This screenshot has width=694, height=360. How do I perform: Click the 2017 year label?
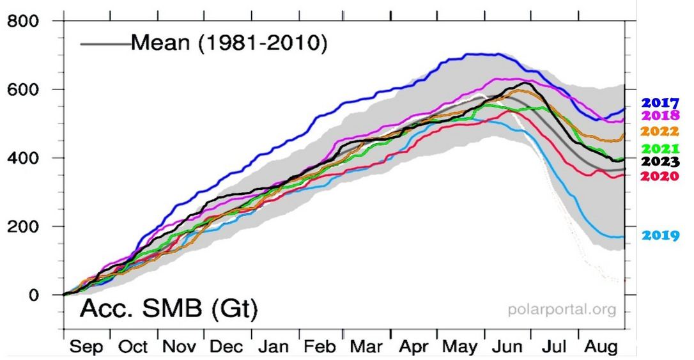660,103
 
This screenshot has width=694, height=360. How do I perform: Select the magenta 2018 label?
660,116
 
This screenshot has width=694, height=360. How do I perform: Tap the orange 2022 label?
660,132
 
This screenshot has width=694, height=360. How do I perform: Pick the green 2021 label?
660,150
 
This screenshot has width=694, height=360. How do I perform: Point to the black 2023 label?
660,162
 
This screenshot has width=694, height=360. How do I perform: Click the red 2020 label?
660,176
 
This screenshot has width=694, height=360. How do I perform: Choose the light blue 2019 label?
660,235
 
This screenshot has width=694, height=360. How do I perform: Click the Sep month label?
87,348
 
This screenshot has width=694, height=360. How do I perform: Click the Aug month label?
603,348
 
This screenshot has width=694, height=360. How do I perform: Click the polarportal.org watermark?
562,310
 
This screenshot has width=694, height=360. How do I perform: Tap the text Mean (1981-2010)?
229,43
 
